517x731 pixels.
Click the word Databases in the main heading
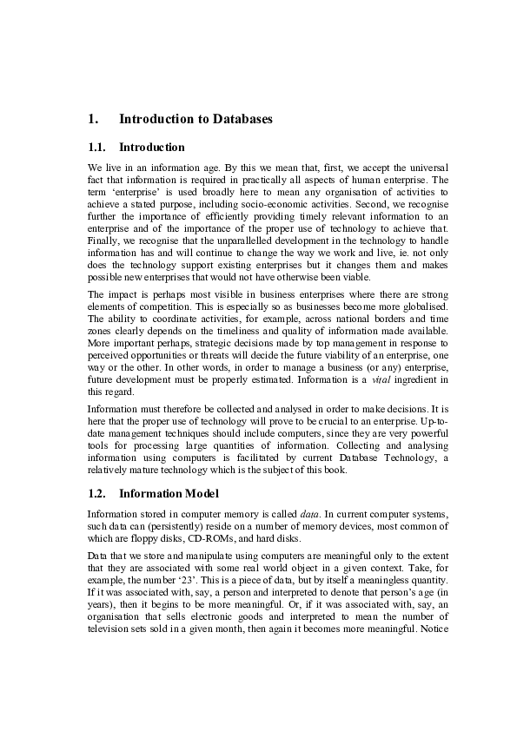pyautogui.click(x=239, y=119)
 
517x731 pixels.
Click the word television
pyautogui.click(x=109, y=651)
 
